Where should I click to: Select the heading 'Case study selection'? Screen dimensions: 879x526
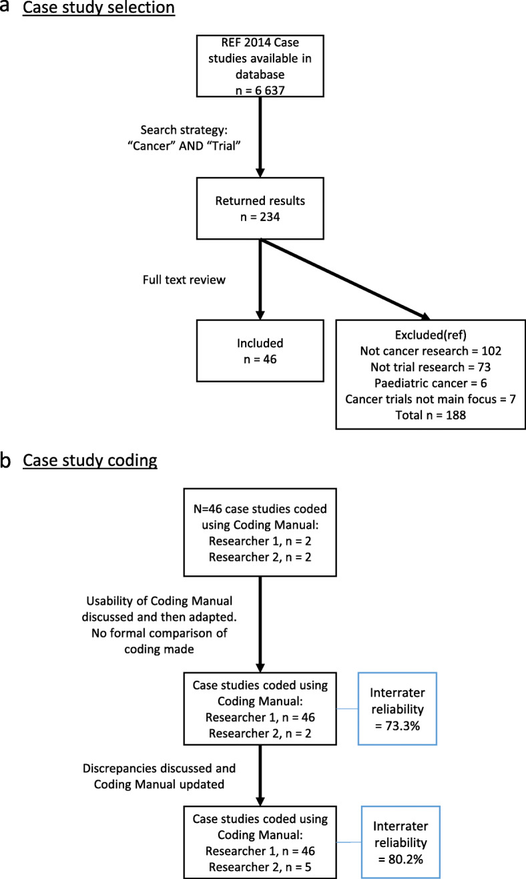[x=99, y=9]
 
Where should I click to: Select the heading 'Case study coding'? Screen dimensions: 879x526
[x=90, y=460]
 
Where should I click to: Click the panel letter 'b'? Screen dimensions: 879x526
[x=8, y=460]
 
